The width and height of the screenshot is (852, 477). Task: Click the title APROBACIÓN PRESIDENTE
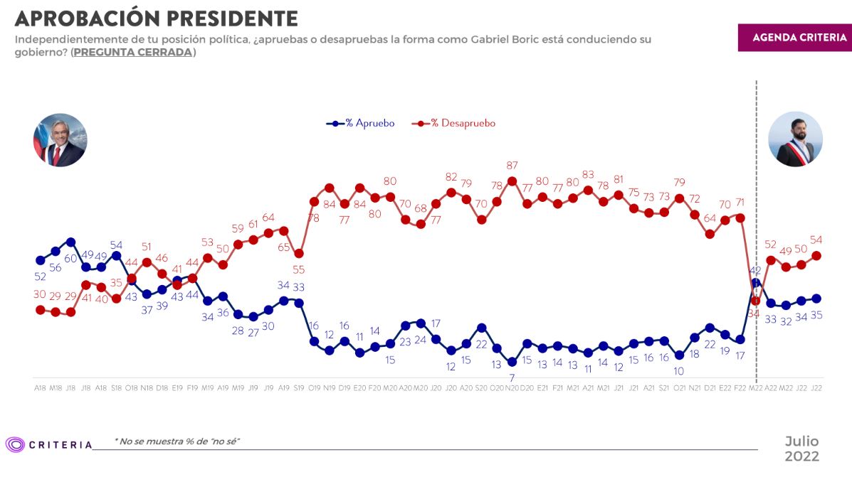click(x=156, y=18)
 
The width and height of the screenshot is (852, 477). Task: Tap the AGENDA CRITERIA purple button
click(x=794, y=38)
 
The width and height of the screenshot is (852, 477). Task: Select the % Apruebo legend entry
click(x=361, y=123)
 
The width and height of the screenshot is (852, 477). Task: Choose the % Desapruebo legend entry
click(x=453, y=123)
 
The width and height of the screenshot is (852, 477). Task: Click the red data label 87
click(x=512, y=166)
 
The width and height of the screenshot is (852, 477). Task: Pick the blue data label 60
click(x=70, y=258)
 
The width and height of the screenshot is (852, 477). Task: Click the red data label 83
click(x=588, y=175)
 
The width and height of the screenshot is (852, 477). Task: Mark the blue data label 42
click(x=755, y=270)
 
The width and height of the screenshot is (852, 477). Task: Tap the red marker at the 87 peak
click(x=512, y=181)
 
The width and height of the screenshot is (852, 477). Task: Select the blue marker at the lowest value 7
click(x=512, y=362)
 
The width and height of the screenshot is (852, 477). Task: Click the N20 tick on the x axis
click(x=512, y=387)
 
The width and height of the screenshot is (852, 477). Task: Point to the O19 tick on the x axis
click(x=314, y=387)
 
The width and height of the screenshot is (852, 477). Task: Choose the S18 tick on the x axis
click(x=116, y=387)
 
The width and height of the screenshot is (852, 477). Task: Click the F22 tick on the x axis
click(x=740, y=387)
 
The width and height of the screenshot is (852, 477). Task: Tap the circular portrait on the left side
click(x=61, y=139)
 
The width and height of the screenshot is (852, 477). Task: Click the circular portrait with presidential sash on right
click(x=796, y=139)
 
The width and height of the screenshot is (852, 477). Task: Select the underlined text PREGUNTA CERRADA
click(x=133, y=53)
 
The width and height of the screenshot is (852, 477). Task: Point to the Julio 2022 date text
click(x=801, y=449)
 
